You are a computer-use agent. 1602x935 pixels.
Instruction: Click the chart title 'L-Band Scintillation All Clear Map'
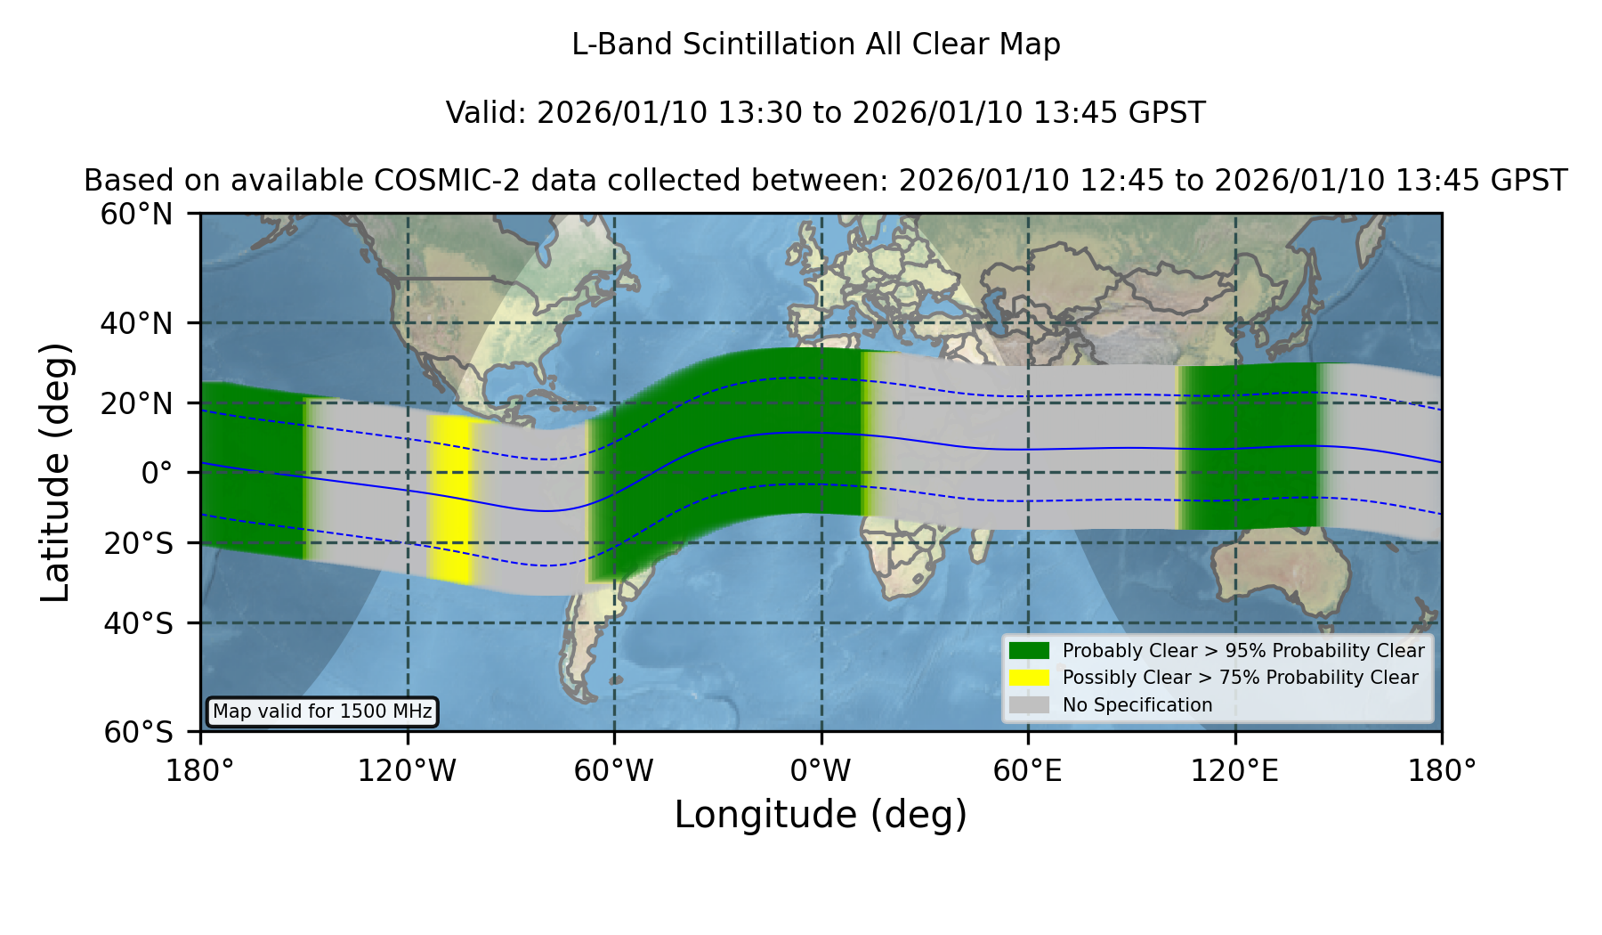tap(816, 45)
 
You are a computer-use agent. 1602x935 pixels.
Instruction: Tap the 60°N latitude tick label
tap(137, 214)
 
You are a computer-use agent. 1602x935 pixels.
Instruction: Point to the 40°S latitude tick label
tap(139, 623)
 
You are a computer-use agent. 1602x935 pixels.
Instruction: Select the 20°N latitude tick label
tap(137, 403)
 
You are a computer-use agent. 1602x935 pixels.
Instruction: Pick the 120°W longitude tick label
tap(407, 770)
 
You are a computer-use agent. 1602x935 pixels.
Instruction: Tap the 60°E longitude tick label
tap(1028, 770)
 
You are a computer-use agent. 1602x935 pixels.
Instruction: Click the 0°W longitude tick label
tap(821, 770)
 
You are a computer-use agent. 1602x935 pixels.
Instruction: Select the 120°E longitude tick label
tap(1235, 770)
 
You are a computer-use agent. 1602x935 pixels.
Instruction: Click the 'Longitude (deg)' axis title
tap(821, 815)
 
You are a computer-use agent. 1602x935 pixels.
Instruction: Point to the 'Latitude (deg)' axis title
tap(56, 472)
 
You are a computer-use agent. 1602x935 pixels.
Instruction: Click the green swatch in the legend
tap(1029, 651)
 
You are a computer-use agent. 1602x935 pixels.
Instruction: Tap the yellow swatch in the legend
tap(1029, 678)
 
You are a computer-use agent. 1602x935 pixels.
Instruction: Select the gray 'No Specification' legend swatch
tap(1029, 705)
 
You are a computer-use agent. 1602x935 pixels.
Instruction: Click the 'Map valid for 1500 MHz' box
tap(322, 711)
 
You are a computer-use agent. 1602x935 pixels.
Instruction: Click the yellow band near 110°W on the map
tap(449, 499)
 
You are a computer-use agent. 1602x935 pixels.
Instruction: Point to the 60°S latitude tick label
tap(139, 732)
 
